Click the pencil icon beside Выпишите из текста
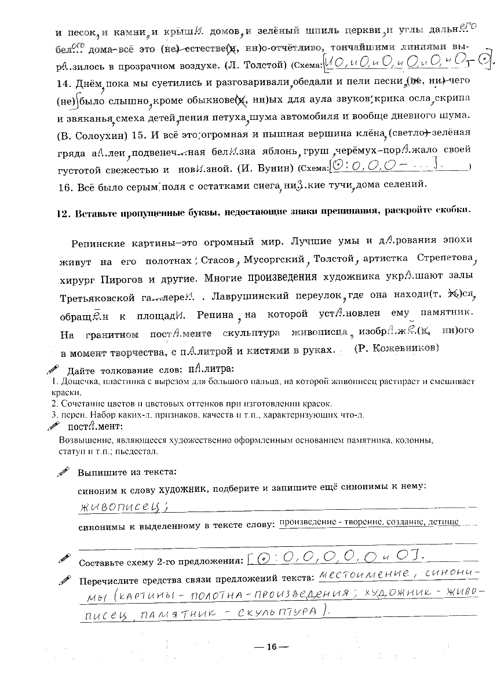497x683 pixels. click(63, 472)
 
